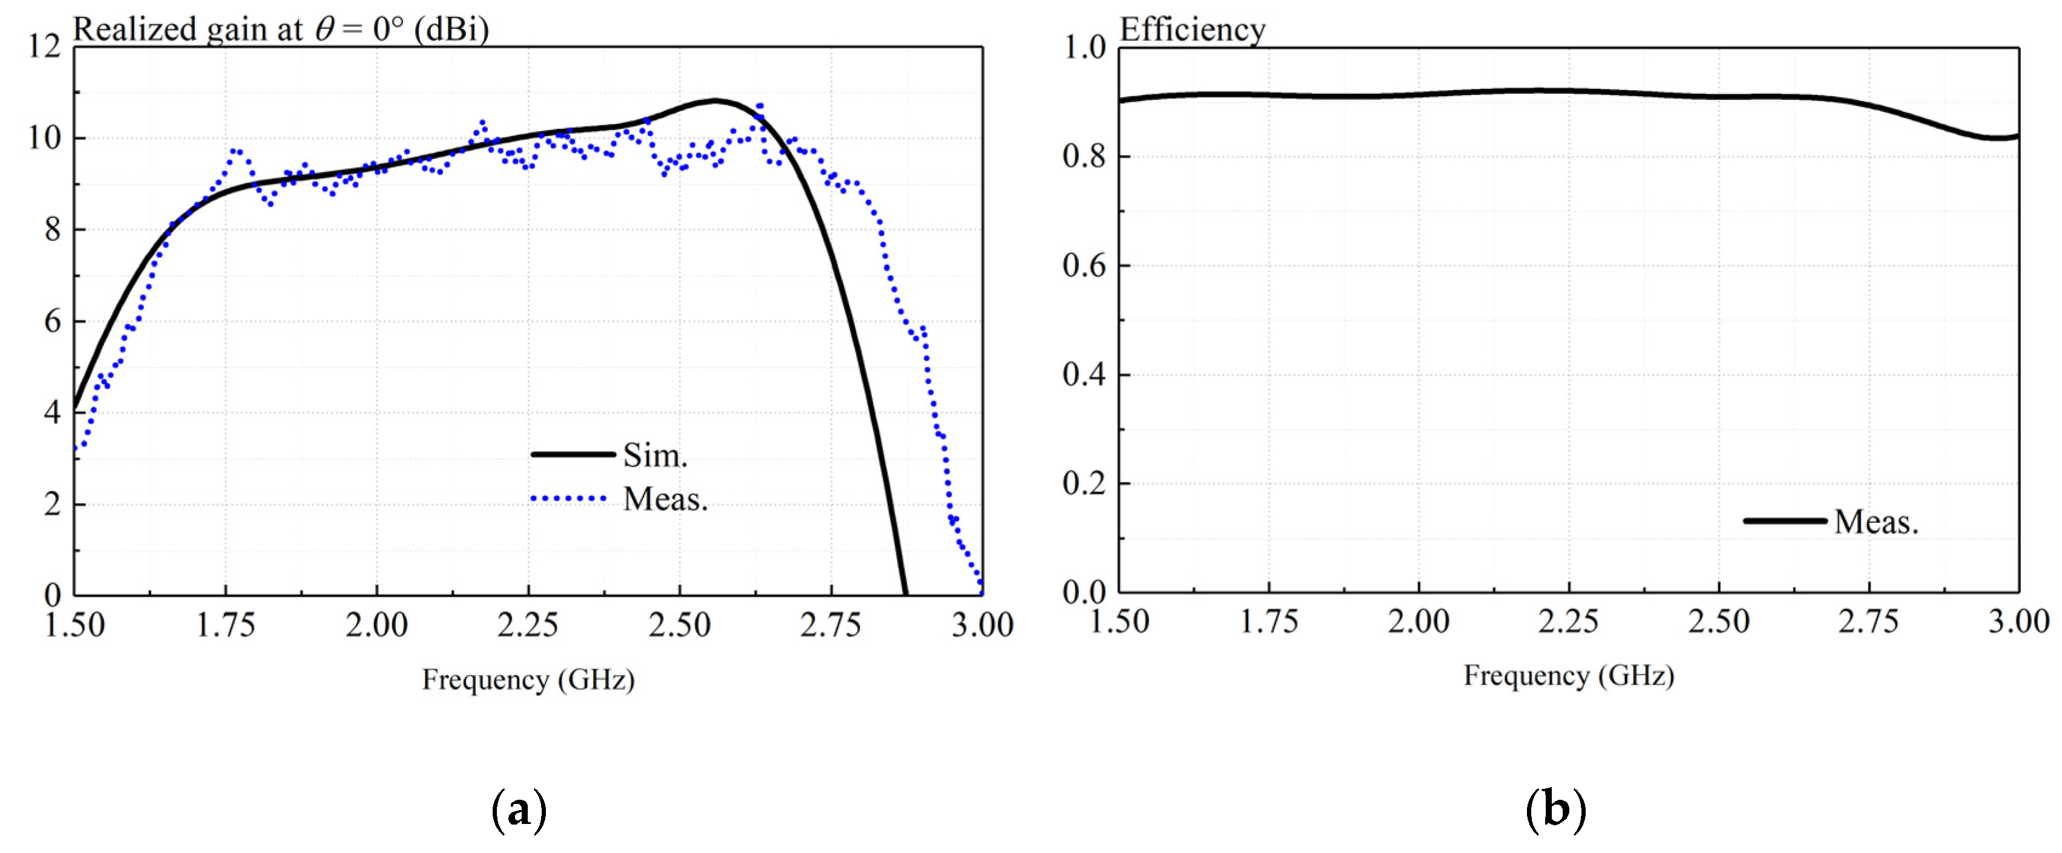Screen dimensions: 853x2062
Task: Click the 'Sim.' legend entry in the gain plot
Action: pos(654,456)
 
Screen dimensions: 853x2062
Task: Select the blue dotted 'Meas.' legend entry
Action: pos(665,499)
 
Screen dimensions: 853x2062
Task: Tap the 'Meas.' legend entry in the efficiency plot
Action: pos(1876,521)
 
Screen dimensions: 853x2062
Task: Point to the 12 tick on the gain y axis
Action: pos(45,47)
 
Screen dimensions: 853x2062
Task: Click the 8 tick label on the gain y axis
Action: pos(52,230)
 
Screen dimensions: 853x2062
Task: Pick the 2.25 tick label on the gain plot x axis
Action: pos(528,625)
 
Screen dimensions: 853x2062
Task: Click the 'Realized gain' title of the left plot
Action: pos(280,30)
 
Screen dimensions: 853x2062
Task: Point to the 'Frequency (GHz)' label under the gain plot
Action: pos(528,679)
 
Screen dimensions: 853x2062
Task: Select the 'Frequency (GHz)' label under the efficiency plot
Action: pos(1569,675)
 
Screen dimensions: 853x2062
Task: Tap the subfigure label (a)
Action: pos(519,810)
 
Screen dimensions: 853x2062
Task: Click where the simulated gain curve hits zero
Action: pos(905,593)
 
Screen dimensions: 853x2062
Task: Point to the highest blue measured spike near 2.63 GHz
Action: pos(760,105)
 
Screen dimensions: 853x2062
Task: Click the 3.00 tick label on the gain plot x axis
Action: pos(982,625)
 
